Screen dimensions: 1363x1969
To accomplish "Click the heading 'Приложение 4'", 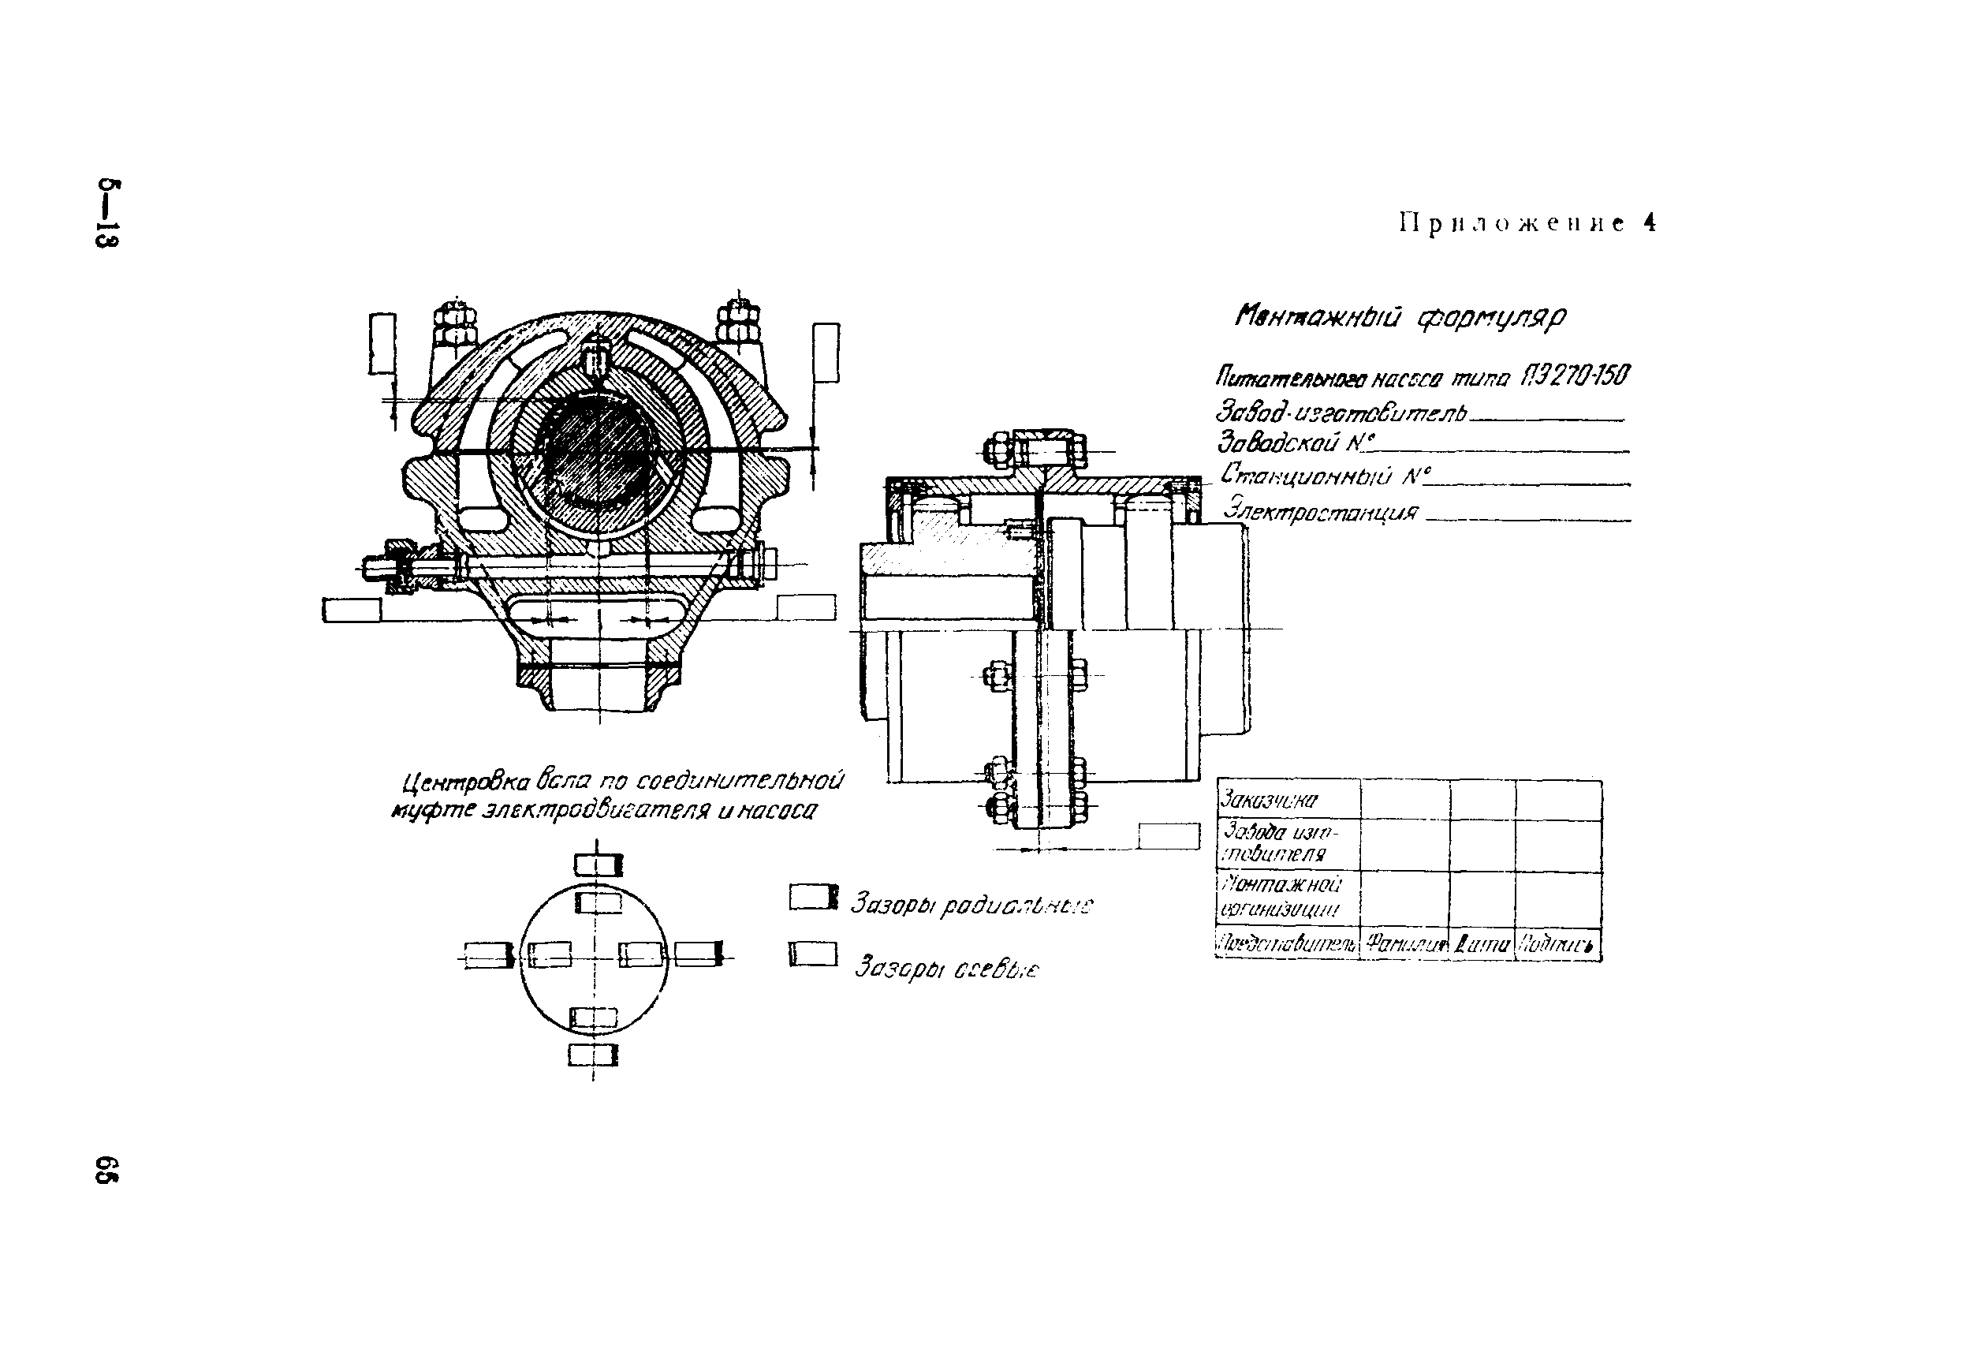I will point(1527,224).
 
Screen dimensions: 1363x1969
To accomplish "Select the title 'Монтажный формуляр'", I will point(1400,318).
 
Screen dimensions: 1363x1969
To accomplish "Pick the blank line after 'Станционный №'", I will point(1528,483).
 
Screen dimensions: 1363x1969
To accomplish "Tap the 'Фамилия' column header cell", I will point(1405,944).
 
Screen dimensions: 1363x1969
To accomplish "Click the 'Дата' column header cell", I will point(1482,944).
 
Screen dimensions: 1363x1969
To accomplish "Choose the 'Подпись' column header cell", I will point(1557,944).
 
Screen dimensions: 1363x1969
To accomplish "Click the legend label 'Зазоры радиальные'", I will point(971,905).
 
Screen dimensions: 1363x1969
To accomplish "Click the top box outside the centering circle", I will point(598,866).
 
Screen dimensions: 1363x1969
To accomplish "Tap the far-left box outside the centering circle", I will point(488,954).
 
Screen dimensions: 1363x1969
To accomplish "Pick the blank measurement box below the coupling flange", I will point(1169,836).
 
